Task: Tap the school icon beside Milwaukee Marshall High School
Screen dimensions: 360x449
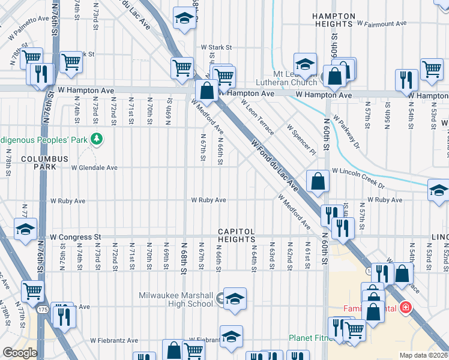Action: tap(235, 299)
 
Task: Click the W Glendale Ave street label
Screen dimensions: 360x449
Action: tap(94, 168)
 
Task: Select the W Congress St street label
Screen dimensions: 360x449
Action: tap(76, 238)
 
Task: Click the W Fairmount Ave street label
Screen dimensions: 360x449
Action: tap(382, 24)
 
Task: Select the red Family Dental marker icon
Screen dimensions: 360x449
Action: tap(406, 308)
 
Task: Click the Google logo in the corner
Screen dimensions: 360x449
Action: tap(20, 353)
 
